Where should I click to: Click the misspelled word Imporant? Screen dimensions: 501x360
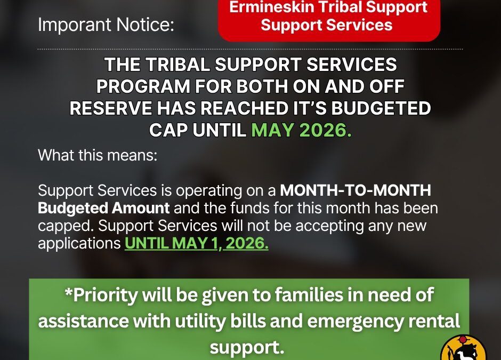point(74,25)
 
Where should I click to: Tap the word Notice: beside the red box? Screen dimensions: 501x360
point(145,25)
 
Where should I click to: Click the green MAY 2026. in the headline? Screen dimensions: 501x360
point(301,130)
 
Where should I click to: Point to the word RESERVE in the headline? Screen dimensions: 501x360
point(110,108)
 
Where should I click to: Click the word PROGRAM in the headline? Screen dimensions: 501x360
point(143,86)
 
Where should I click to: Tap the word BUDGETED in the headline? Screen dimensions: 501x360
point(381,108)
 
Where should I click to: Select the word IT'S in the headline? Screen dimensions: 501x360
point(310,108)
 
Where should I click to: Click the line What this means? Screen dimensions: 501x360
point(98,155)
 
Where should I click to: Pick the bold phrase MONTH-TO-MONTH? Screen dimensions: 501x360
point(355,190)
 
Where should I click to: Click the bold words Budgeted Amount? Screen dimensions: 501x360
point(103,209)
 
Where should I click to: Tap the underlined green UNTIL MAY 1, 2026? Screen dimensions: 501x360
point(197,243)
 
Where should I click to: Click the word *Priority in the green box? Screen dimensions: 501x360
point(101,295)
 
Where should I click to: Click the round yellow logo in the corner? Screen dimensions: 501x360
point(463,348)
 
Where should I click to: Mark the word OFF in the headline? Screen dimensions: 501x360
point(387,86)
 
